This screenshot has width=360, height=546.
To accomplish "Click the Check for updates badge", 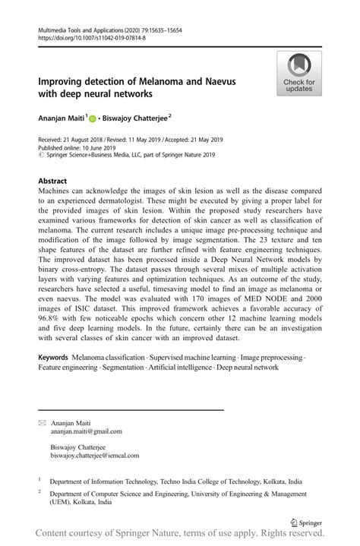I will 299,74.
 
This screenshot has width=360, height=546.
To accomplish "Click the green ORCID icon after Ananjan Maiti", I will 93,119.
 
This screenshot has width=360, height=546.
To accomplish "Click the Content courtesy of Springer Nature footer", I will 180,536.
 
